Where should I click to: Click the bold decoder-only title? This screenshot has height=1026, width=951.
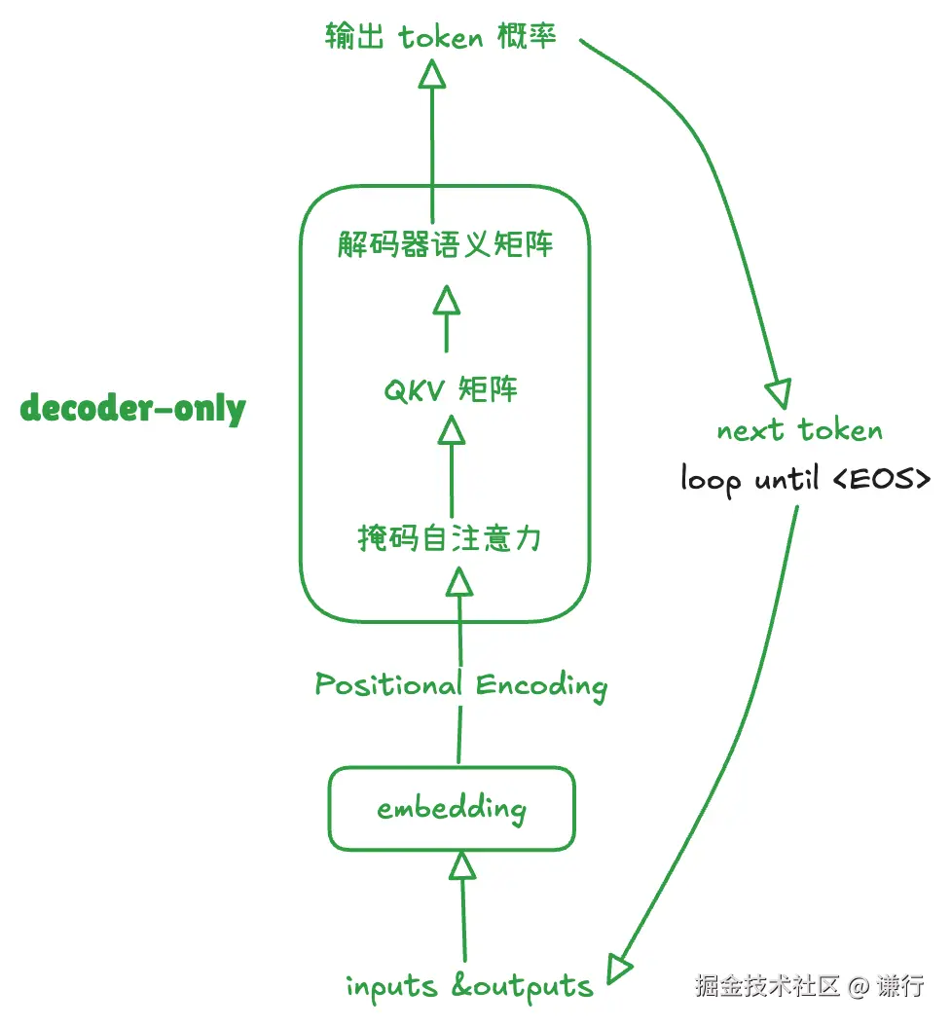[132, 408]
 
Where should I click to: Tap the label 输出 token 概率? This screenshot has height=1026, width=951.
[440, 37]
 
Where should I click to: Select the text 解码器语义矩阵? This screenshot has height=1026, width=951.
[446, 243]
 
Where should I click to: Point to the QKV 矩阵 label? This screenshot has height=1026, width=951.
[450, 390]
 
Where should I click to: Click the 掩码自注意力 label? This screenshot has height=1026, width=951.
[450, 536]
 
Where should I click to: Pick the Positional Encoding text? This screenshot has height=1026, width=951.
[460, 685]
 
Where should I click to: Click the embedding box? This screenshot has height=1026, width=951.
[452, 808]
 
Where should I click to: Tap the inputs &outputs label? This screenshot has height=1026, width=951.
[469, 986]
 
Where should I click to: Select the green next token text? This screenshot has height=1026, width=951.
[799, 430]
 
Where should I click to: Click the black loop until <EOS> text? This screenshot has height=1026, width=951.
[805, 479]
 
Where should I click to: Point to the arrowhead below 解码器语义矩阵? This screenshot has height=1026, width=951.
[446, 299]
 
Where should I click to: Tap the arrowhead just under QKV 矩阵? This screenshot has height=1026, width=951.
[450, 429]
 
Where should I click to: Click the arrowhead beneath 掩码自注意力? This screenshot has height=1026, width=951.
[458, 581]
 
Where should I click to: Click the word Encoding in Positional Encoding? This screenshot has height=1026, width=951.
[541, 685]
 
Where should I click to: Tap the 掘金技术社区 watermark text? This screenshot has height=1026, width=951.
[767, 986]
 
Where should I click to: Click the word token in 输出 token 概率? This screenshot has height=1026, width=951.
[441, 37]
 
